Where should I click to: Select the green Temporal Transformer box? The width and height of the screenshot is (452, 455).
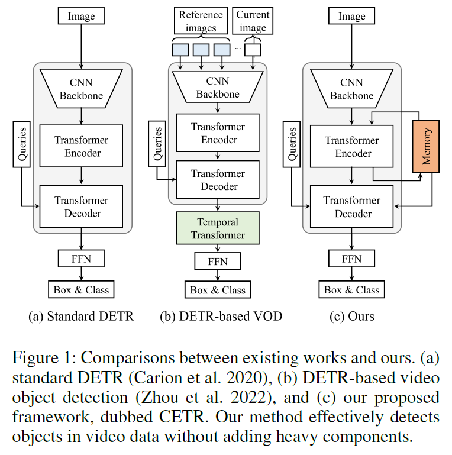tap(218, 228)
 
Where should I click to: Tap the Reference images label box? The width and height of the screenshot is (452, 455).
tap(201, 21)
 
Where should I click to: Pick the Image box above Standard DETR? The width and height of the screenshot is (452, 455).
tap(82, 16)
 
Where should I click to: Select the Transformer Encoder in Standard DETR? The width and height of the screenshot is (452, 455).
tap(82, 146)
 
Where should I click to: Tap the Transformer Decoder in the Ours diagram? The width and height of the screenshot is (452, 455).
tap(352, 207)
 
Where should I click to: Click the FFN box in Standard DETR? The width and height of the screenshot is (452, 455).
tap(82, 259)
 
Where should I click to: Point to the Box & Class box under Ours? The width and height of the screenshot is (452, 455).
tap(352, 290)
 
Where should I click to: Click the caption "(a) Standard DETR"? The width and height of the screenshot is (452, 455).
tap(82, 317)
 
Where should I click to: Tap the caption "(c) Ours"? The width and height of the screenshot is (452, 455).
tap(352, 317)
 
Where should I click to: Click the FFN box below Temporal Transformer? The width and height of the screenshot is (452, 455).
tap(218, 261)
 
